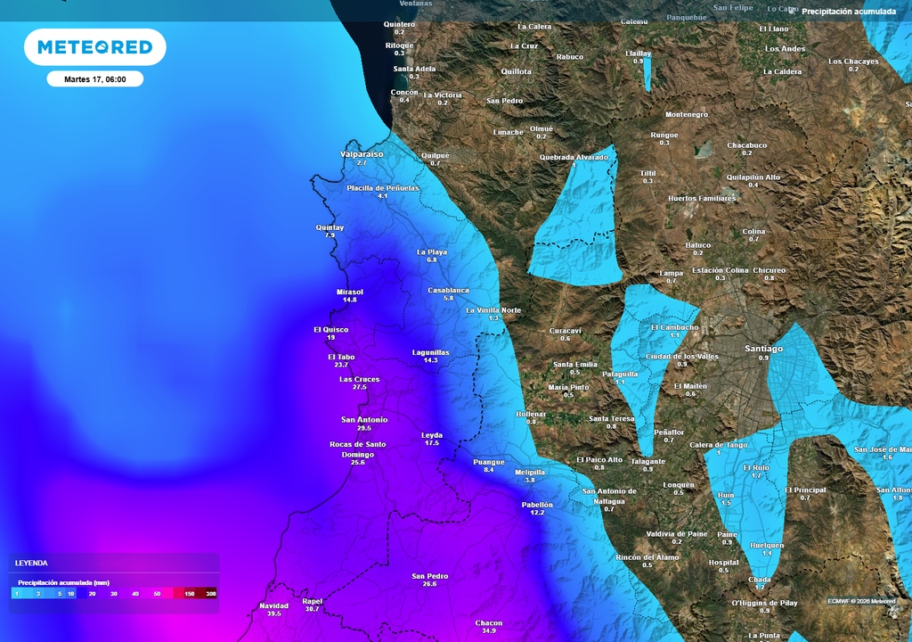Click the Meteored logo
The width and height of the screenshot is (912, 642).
tap(94, 46)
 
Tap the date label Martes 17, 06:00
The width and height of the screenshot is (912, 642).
tap(94, 79)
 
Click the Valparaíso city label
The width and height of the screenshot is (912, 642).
tap(362, 154)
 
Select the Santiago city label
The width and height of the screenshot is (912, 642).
tap(763, 349)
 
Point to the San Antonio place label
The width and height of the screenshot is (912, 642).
tap(364, 419)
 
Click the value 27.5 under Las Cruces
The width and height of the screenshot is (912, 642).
tap(359, 388)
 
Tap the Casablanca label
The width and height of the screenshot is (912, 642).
tap(448, 290)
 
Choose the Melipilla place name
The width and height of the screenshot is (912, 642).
tap(530, 472)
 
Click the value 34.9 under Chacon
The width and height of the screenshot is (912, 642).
tap(489, 631)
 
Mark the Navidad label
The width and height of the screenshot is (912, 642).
tap(273, 605)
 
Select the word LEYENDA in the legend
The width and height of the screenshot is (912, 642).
tap(31, 564)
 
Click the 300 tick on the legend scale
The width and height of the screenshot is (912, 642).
tap(210, 593)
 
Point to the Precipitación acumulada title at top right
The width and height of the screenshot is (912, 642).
tap(848, 12)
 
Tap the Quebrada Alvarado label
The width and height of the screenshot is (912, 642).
tap(574, 157)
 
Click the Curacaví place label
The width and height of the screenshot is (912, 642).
tap(565, 330)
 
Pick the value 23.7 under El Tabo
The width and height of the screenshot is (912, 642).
tap(341, 366)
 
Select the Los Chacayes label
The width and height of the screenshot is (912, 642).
tap(853, 62)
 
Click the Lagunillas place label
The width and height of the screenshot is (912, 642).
tap(430, 352)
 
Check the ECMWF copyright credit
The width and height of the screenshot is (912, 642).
tap(861, 601)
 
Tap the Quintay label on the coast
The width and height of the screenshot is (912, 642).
tap(330, 227)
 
